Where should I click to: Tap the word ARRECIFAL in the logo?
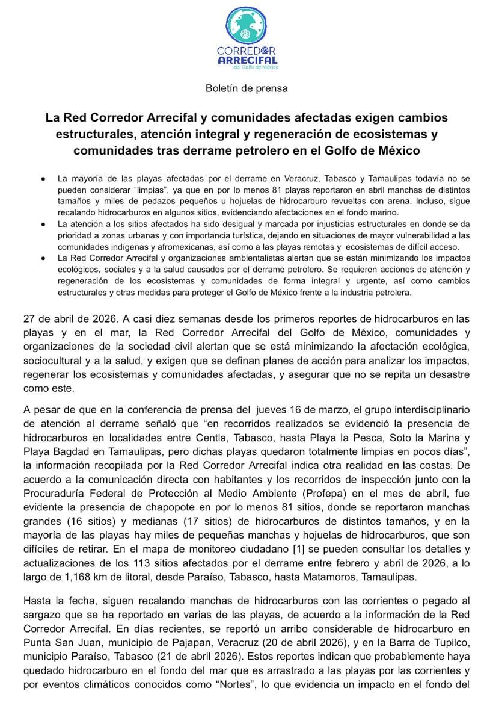[x=247, y=60]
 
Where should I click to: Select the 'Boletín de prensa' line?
[x=247, y=88]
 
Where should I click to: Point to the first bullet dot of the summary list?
[x=44, y=179]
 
